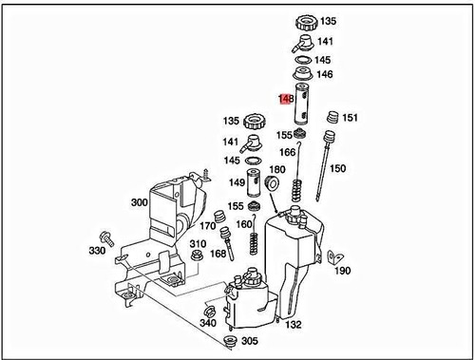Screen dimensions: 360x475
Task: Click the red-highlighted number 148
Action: (284, 97)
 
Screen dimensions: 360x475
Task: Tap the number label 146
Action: (325, 74)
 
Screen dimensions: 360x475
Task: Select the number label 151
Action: (350, 118)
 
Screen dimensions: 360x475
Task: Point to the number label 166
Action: (286, 152)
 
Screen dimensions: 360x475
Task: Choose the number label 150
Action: (337, 169)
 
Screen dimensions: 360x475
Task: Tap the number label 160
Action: (244, 224)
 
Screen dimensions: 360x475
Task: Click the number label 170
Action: (206, 226)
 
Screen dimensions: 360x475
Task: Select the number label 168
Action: (218, 254)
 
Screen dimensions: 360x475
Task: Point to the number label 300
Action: (139, 202)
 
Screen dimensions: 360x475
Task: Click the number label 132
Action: (294, 324)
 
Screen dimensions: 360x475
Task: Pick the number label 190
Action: (343, 270)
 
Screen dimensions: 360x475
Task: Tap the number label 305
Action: (249, 341)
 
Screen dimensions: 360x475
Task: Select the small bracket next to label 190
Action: (332, 256)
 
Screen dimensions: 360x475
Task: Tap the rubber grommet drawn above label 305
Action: (228, 339)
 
